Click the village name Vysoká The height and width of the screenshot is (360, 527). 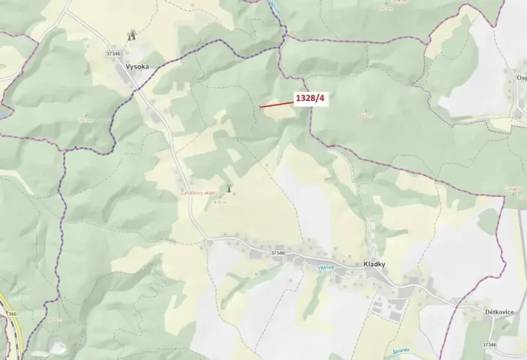[135, 68]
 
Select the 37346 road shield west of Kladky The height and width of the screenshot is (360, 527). [278, 252]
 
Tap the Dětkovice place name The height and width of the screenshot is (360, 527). [499, 312]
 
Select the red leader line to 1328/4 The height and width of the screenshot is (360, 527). [275, 104]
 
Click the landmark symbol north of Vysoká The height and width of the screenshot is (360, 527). [132, 35]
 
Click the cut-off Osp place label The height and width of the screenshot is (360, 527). [521, 78]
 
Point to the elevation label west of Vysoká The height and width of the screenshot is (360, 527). [84, 120]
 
